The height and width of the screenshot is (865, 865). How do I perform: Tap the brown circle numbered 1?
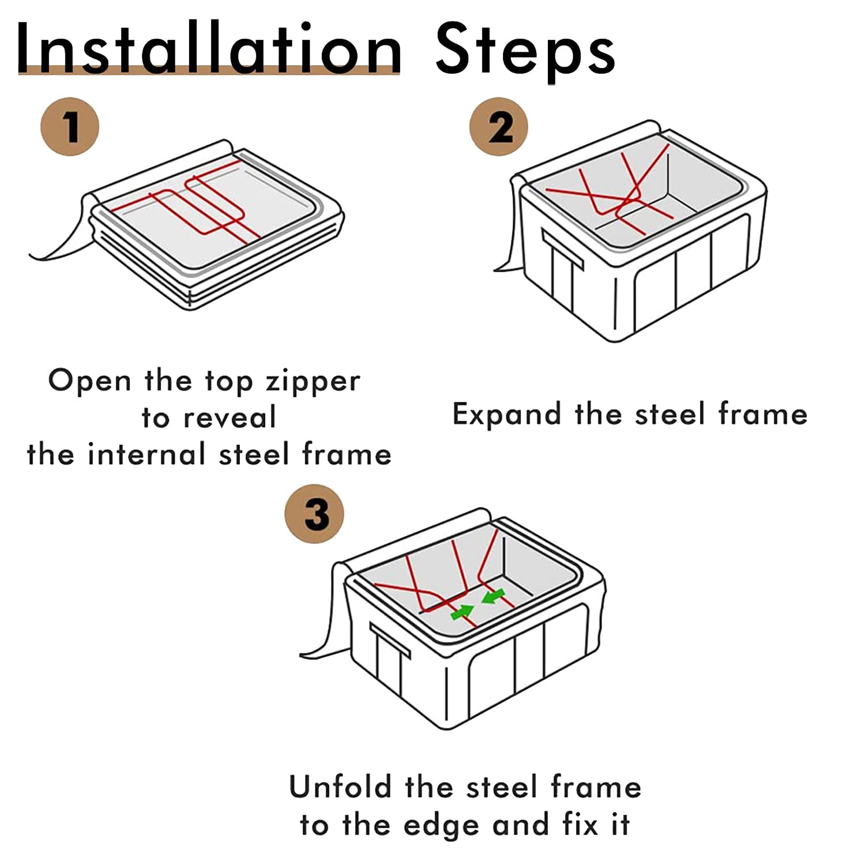(x=70, y=126)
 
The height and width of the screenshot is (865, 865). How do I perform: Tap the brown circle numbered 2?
(x=499, y=126)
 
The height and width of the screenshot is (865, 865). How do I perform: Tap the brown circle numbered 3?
(x=315, y=513)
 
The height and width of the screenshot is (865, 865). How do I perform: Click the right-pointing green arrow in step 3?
(x=462, y=612)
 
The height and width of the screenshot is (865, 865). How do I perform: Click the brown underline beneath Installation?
(x=209, y=70)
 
